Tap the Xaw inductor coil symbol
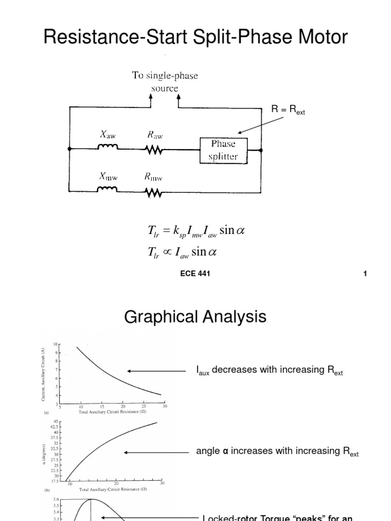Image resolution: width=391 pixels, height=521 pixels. (108, 148)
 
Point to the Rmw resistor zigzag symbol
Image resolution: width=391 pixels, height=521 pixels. (153, 192)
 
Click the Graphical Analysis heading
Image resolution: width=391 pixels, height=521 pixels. (195, 317)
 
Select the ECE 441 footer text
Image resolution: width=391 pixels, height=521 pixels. (195, 274)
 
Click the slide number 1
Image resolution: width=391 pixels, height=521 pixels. (365, 274)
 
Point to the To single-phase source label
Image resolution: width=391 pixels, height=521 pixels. (164, 82)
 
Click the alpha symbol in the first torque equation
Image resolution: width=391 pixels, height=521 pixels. (240, 230)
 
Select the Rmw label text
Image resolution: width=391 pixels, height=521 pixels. (153, 178)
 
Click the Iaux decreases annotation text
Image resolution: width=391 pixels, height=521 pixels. (269, 371)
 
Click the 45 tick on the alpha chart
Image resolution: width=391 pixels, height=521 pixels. (57, 421)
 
